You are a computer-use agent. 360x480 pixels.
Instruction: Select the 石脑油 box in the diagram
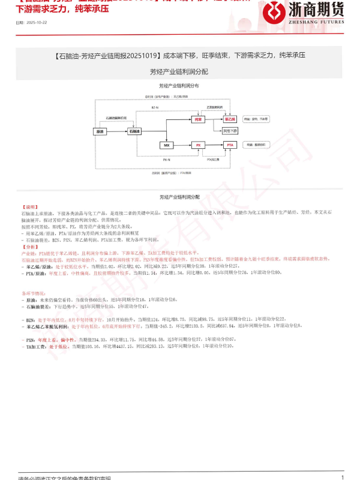coord(135,131)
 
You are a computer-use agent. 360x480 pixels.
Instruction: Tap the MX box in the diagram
coord(166,145)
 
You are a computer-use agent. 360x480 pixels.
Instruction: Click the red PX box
coord(198,145)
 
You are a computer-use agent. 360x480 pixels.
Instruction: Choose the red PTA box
coord(230,145)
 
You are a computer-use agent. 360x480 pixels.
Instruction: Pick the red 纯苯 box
coord(198,119)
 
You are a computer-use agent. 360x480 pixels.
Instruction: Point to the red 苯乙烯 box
coord(230,119)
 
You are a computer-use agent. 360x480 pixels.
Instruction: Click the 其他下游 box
coord(230,130)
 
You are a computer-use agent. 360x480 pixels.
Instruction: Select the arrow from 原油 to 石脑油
coord(117,131)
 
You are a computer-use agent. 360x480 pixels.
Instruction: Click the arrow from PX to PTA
coord(214,145)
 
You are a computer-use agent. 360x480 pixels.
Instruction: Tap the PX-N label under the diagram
coord(167,160)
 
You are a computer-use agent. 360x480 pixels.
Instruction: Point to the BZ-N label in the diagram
coord(155,107)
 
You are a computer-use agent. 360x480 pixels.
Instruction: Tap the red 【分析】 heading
coord(29,247)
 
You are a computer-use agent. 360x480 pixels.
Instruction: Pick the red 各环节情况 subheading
coord(34,293)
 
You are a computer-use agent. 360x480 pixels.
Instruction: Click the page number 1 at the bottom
coord(343,477)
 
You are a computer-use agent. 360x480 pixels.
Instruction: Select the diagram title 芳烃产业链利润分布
coord(179,86)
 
